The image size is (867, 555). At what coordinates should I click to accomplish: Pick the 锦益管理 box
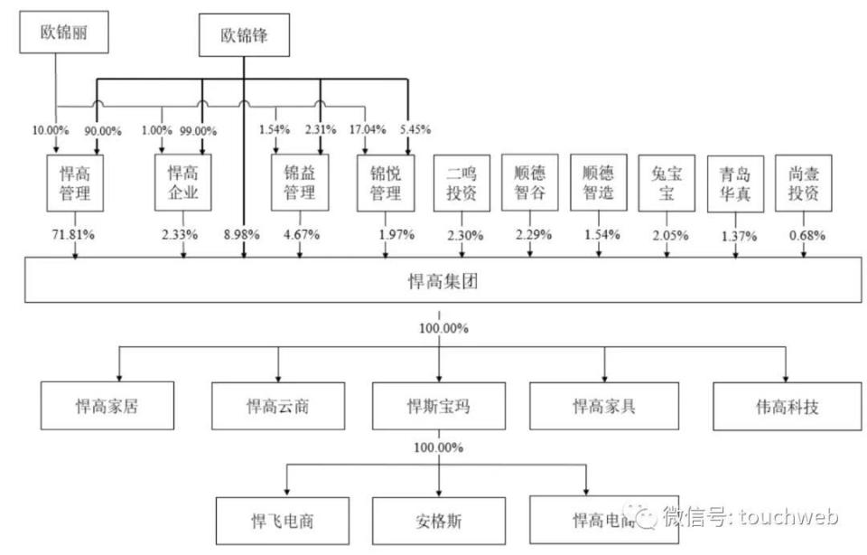click(x=299, y=183)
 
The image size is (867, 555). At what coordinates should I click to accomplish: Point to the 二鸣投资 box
click(x=461, y=183)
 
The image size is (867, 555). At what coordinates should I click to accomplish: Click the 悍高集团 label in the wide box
click(x=440, y=280)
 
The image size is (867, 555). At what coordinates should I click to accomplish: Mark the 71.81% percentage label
click(x=74, y=235)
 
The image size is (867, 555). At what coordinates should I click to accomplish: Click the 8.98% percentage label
click(x=242, y=235)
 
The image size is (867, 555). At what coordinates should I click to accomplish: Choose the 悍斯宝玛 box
click(x=439, y=405)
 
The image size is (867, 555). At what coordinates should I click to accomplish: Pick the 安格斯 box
click(x=439, y=520)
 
